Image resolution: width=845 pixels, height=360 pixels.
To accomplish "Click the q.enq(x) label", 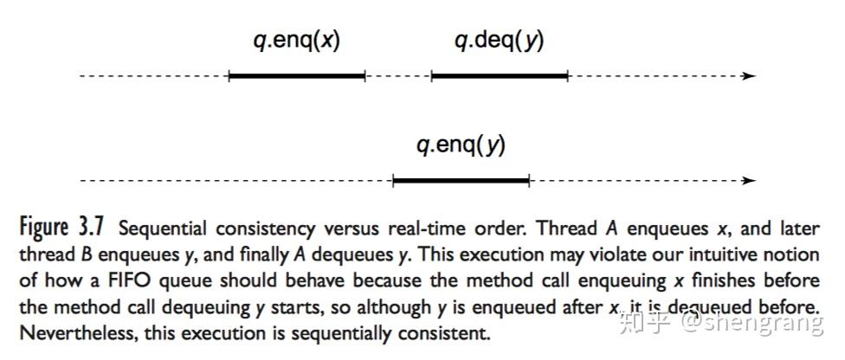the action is [x=297, y=42].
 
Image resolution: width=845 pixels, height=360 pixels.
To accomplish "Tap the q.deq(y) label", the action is [x=499, y=42].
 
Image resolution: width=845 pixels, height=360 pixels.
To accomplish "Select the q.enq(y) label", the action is [x=461, y=146].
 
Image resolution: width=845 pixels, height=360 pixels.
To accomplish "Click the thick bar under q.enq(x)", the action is [x=297, y=76].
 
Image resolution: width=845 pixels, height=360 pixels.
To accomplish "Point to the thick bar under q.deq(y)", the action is [x=500, y=76].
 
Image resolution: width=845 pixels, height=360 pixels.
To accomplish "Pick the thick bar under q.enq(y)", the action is [x=461, y=181].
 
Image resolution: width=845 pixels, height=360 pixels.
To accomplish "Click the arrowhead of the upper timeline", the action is [x=749, y=76].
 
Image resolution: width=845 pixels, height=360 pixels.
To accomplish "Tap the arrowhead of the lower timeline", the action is [x=749, y=181].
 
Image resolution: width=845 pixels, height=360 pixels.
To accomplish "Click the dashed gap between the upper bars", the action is [x=398, y=76].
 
